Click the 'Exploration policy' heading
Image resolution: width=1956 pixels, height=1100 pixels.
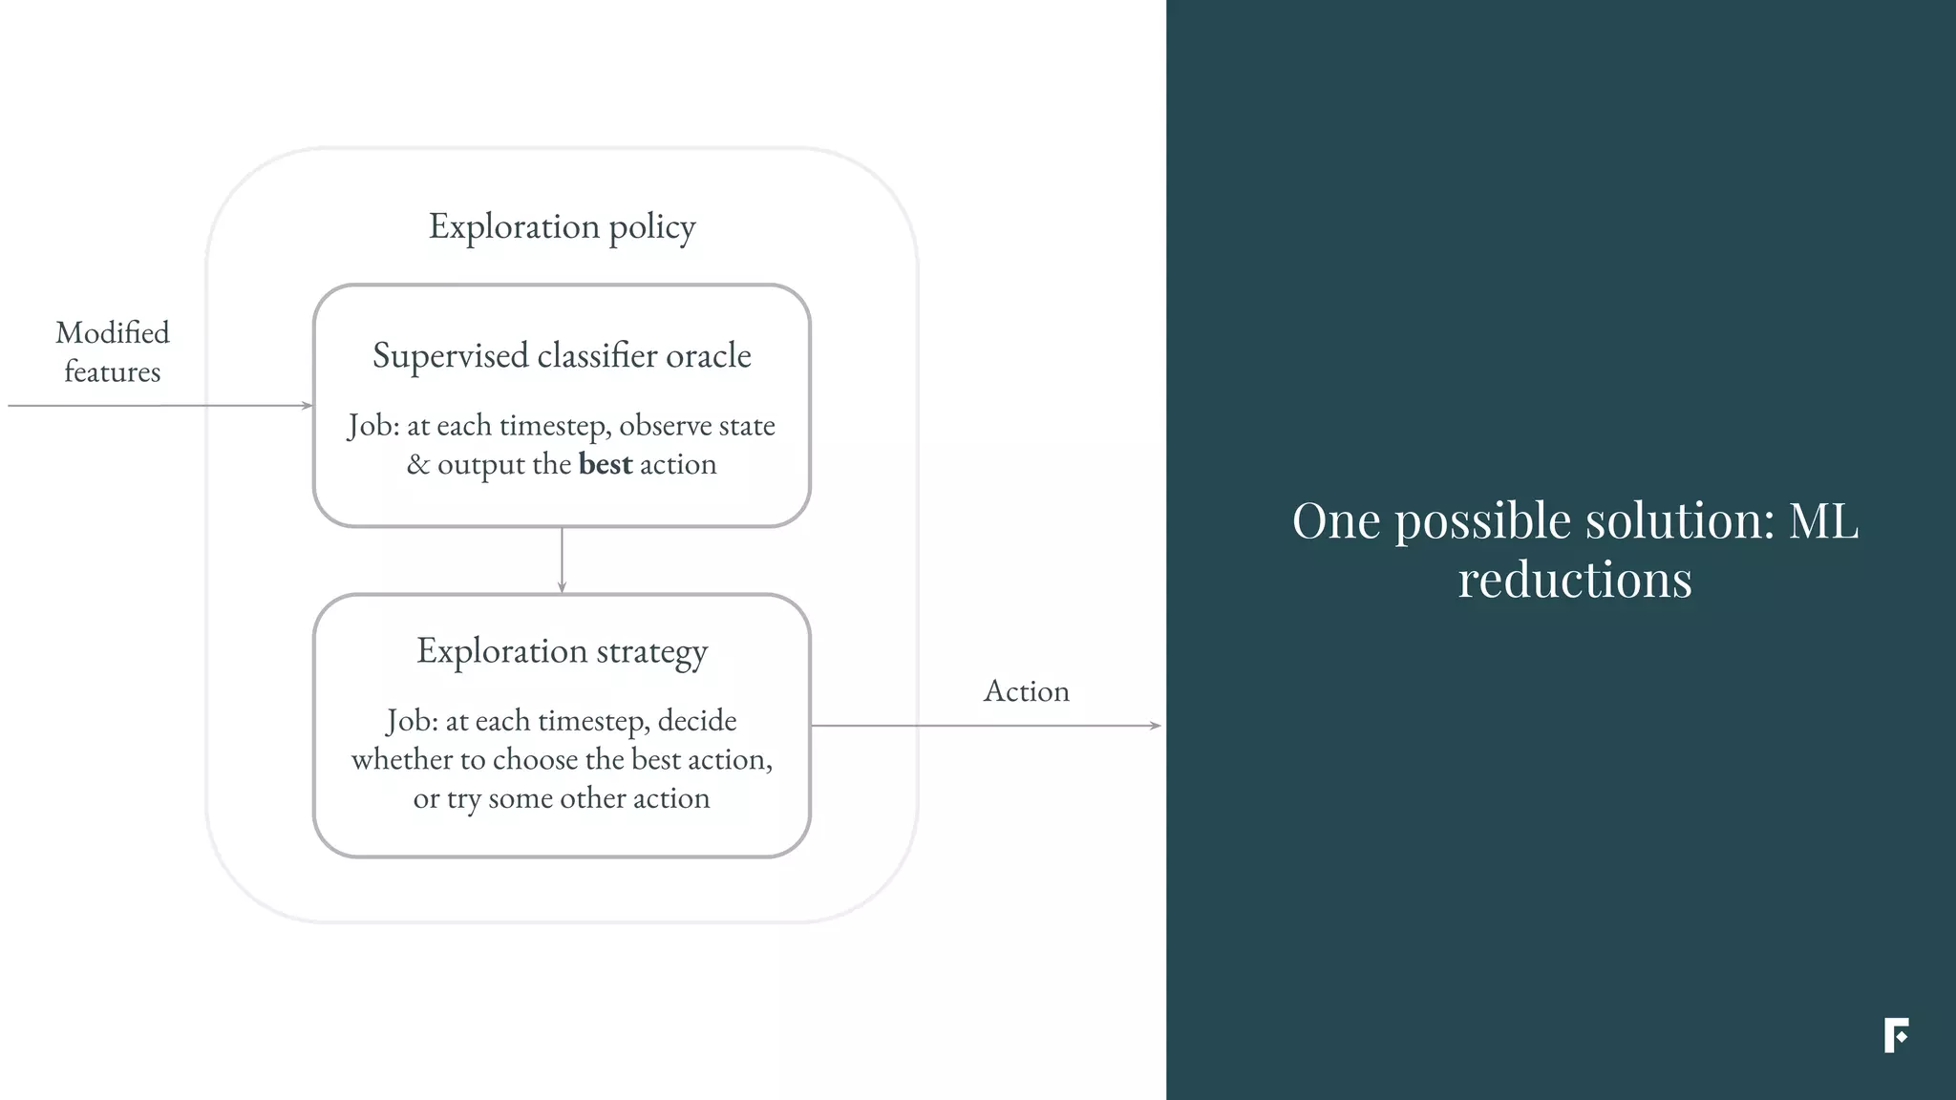(562, 227)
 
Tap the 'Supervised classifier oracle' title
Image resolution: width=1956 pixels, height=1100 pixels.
(562, 356)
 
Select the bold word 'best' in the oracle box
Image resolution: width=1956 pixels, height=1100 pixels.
(606, 465)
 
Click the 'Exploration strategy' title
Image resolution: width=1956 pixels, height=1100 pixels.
(562, 651)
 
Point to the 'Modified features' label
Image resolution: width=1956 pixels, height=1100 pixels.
(113, 351)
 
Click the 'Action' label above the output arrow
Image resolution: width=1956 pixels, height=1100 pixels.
(1026, 691)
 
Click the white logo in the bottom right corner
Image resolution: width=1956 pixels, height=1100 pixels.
(1896, 1035)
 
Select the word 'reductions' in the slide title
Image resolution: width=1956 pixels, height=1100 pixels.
(1574, 580)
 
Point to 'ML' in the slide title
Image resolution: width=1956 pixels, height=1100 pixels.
(1823, 521)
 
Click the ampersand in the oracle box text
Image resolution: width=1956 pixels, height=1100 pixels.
(417, 465)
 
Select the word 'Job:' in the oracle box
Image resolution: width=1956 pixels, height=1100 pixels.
(373, 426)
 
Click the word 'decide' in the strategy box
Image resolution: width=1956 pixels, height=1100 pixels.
(697, 721)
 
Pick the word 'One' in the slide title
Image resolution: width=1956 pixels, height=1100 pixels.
(1336, 521)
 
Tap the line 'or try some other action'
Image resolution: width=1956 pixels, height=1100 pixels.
(562, 798)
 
